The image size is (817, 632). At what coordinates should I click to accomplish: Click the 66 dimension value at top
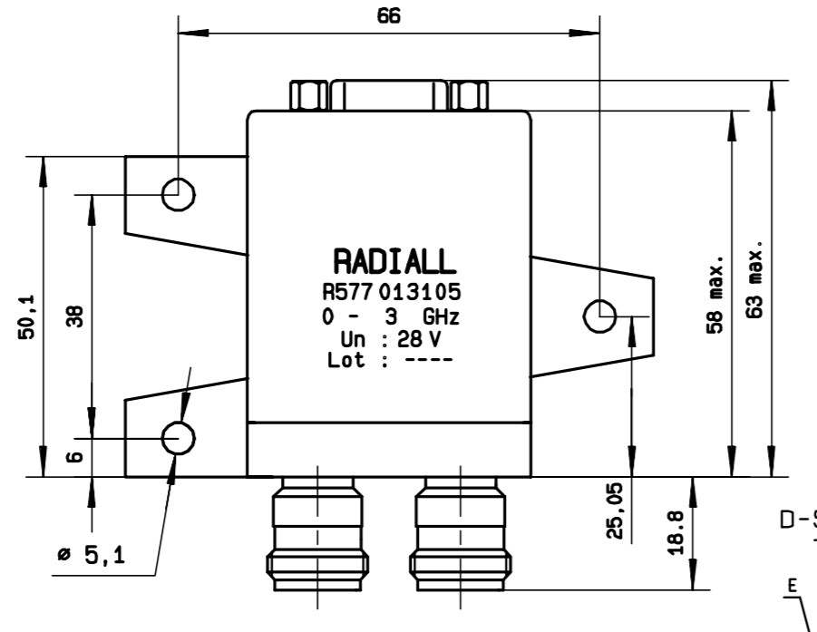pyautogui.click(x=389, y=16)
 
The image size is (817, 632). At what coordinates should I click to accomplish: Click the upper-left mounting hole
pyautogui.click(x=178, y=192)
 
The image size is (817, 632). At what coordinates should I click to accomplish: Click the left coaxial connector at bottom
pyautogui.click(x=315, y=535)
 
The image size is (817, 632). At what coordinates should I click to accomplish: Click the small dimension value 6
pyautogui.click(x=76, y=458)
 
